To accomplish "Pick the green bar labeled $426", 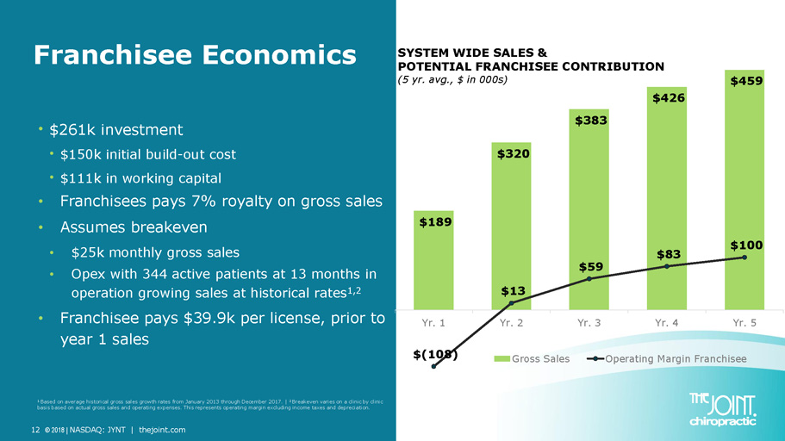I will (x=667, y=198).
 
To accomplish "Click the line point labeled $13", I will (x=512, y=303).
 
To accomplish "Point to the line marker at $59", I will (x=589, y=279).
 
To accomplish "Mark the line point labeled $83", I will (x=667, y=266).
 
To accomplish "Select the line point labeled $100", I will (x=745, y=257).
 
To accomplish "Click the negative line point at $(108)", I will (x=434, y=366).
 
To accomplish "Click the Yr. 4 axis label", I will (x=667, y=324).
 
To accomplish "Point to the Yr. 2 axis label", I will (x=512, y=324).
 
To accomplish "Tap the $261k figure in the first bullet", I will (x=72, y=130).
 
